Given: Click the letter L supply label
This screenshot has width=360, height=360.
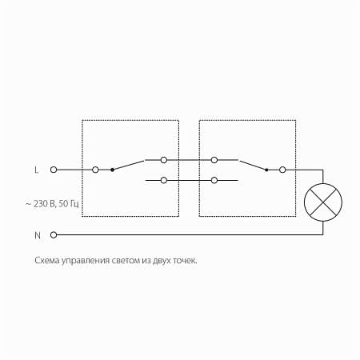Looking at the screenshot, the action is (x=37, y=170).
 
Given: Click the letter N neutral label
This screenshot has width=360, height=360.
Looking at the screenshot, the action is (x=38, y=235).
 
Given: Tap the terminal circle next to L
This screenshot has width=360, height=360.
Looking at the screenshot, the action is (x=54, y=170).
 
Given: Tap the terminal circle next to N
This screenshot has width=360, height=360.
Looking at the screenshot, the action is (x=54, y=235).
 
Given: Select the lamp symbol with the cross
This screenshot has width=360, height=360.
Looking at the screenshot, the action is (x=323, y=202).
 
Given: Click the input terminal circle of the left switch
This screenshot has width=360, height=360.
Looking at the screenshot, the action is (x=95, y=170).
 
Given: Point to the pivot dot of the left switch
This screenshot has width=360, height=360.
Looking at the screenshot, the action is (x=112, y=170).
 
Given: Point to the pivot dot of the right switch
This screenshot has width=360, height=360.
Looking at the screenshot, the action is (x=266, y=170).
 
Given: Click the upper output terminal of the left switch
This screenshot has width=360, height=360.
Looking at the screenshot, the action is (x=164, y=160).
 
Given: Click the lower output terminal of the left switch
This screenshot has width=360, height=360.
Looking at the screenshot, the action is (x=164, y=181).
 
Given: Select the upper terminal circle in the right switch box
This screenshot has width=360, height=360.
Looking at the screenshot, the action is (x=214, y=160).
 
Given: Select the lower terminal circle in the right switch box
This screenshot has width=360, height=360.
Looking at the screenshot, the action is (x=214, y=181).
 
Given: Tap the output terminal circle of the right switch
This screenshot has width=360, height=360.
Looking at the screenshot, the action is (x=282, y=170).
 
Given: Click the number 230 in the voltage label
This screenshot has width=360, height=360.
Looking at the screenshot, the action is (x=41, y=204).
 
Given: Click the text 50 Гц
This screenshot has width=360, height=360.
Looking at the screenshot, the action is (x=69, y=204).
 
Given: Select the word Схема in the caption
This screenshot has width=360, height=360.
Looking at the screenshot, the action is (x=47, y=261).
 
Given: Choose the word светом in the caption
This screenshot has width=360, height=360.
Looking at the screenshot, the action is (x=125, y=261).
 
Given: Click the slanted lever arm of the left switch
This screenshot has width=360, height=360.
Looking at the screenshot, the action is (x=128, y=165).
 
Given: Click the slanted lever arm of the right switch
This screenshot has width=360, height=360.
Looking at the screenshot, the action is (x=253, y=165).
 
